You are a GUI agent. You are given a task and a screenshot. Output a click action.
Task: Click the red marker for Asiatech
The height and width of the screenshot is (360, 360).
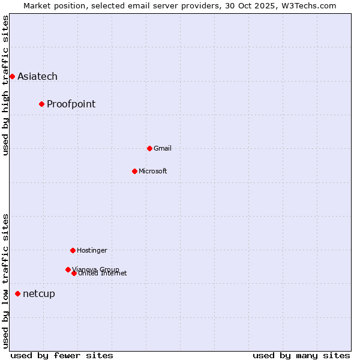(12, 76)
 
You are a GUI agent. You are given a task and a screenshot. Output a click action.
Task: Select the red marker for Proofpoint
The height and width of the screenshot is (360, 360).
(41, 104)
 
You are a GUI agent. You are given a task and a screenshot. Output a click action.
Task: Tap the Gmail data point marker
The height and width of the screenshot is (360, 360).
(149, 148)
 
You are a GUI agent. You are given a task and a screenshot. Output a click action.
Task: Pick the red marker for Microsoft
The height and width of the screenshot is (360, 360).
(134, 171)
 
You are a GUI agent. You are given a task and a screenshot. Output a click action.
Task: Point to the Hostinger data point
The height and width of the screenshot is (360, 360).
(73, 250)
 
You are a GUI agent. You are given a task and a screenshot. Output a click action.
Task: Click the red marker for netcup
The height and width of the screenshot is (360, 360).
(17, 293)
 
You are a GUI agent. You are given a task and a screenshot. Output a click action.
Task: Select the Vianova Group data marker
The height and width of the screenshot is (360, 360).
(68, 269)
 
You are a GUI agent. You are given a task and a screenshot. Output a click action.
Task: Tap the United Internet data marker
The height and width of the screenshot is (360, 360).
(74, 273)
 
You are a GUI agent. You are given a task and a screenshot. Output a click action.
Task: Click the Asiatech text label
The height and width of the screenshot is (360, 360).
(37, 76)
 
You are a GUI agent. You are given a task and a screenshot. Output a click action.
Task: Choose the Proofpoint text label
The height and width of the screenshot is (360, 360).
(71, 104)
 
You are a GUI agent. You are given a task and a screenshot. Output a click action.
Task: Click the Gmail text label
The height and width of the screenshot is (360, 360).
(162, 148)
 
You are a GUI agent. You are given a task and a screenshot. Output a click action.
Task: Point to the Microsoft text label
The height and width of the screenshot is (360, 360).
(152, 171)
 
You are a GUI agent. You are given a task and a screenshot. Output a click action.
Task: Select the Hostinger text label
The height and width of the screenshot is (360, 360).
(92, 250)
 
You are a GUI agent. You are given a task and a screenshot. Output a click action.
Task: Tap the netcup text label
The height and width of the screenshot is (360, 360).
(38, 293)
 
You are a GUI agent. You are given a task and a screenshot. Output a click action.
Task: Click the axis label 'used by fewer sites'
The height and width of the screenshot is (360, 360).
(62, 355)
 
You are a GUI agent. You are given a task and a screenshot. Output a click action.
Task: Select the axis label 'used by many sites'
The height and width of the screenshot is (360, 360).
(301, 355)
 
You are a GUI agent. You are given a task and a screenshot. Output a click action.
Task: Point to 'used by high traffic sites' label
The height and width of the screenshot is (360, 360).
(5, 85)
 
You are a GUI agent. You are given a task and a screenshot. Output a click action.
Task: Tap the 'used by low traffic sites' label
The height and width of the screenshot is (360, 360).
(5, 280)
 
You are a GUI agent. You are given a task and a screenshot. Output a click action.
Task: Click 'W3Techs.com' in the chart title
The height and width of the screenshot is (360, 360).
(309, 5)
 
